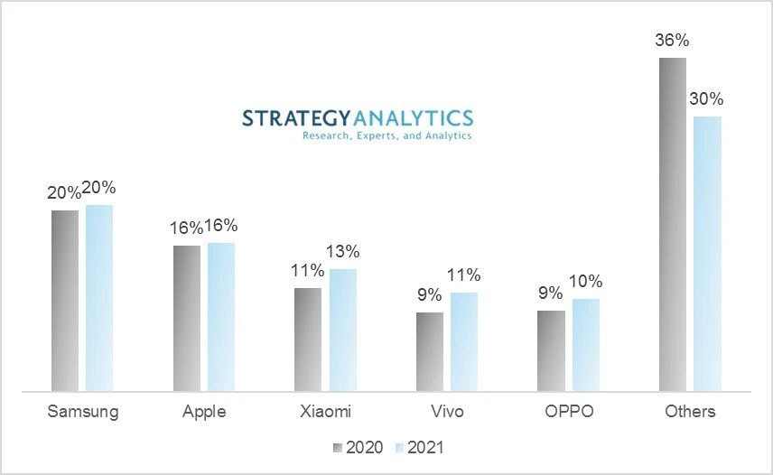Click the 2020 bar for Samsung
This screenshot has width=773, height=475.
pos(65,301)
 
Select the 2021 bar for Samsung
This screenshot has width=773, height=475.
pos(99,298)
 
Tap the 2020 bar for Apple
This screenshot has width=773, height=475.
pos(187,318)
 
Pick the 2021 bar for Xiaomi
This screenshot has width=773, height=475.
pos(343,330)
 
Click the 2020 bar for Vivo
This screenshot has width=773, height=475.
pos(429,351)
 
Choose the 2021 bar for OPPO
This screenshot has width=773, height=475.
pos(586,345)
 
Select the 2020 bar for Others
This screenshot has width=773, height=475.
pos(673,224)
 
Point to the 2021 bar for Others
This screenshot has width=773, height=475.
pos(708,254)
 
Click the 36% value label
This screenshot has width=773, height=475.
pos(673,42)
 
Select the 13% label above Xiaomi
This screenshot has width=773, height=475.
pos(343,252)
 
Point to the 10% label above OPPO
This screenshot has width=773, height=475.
pos(586,282)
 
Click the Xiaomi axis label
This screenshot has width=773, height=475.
pos(325,412)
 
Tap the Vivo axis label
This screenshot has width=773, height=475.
pos(447,412)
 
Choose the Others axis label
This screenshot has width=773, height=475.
pos(690,412)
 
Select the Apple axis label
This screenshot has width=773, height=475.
pos(204,412)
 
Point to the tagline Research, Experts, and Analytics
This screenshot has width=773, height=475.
pos(386,135)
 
